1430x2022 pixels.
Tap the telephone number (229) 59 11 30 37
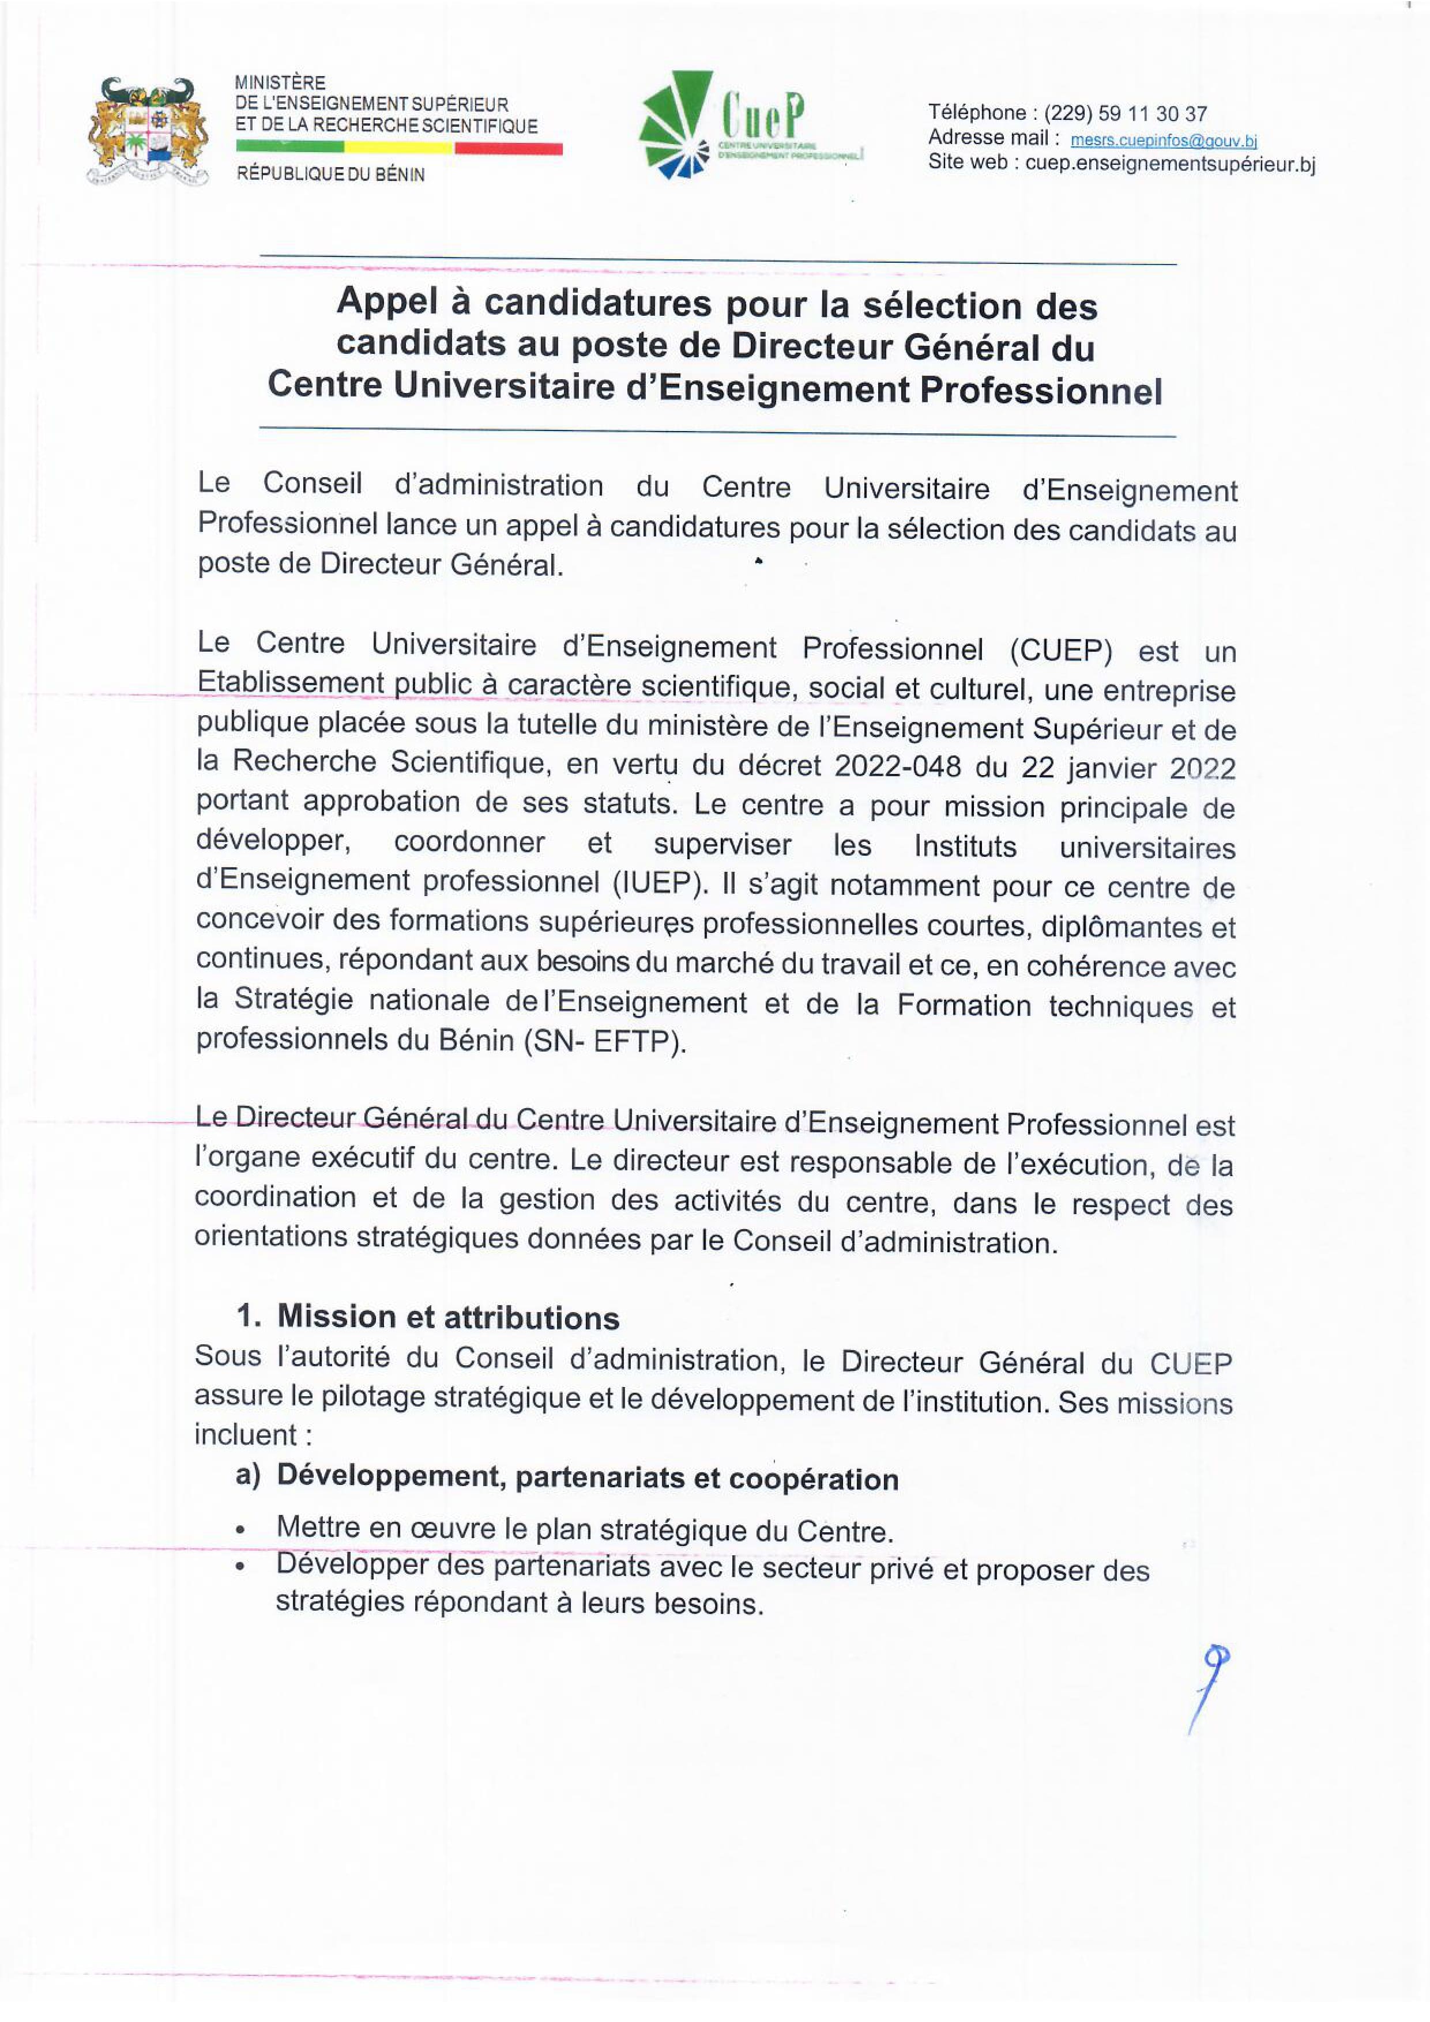1125,114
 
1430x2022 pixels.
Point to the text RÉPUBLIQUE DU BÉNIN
330,175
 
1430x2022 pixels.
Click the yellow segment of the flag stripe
398,149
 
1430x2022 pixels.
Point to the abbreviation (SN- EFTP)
604,1042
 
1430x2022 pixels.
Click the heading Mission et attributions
447,1317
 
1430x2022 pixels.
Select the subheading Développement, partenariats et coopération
587,1479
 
